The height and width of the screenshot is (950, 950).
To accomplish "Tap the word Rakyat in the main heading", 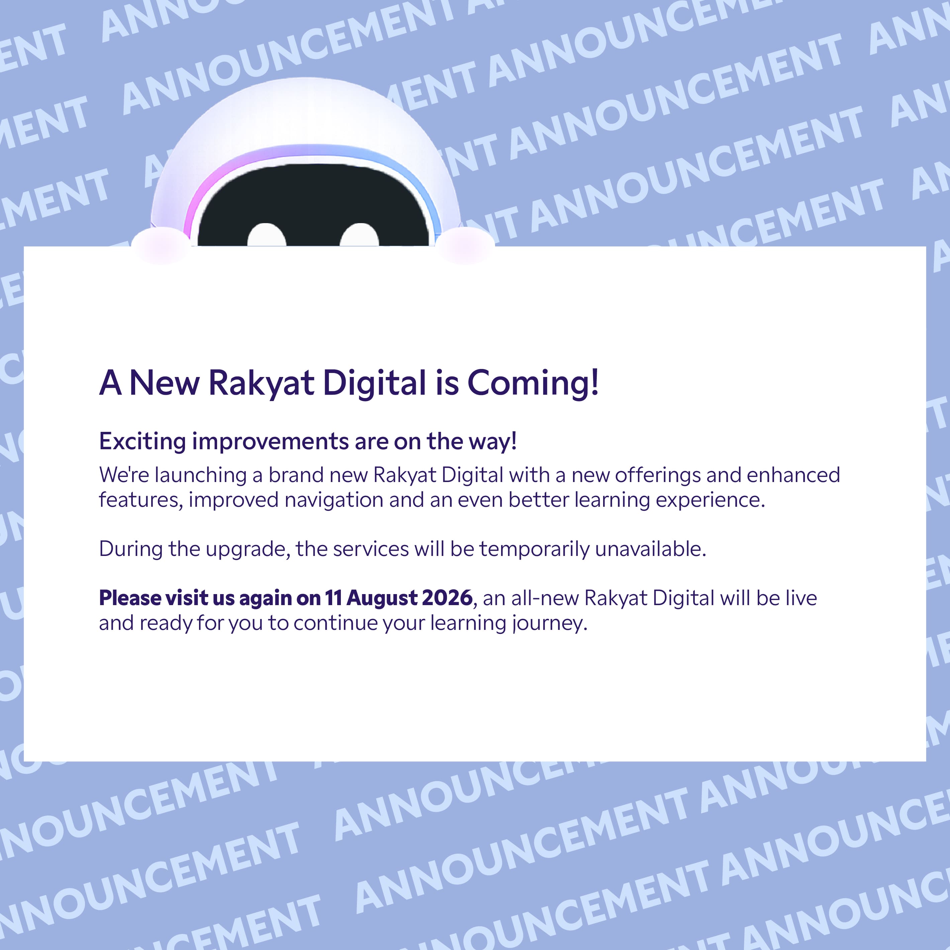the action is [x=261, y=383].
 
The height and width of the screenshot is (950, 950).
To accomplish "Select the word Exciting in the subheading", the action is [x=142, y=442].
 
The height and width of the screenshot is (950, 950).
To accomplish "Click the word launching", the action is [x=201, y=475].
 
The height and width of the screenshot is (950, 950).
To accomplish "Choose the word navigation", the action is [x=334, y=500].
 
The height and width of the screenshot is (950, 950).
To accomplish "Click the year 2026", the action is [x=447, y=598].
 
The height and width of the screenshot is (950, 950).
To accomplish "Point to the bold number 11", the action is [x=334, y=598].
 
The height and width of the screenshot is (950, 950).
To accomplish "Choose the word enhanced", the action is [x=793, y=475].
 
